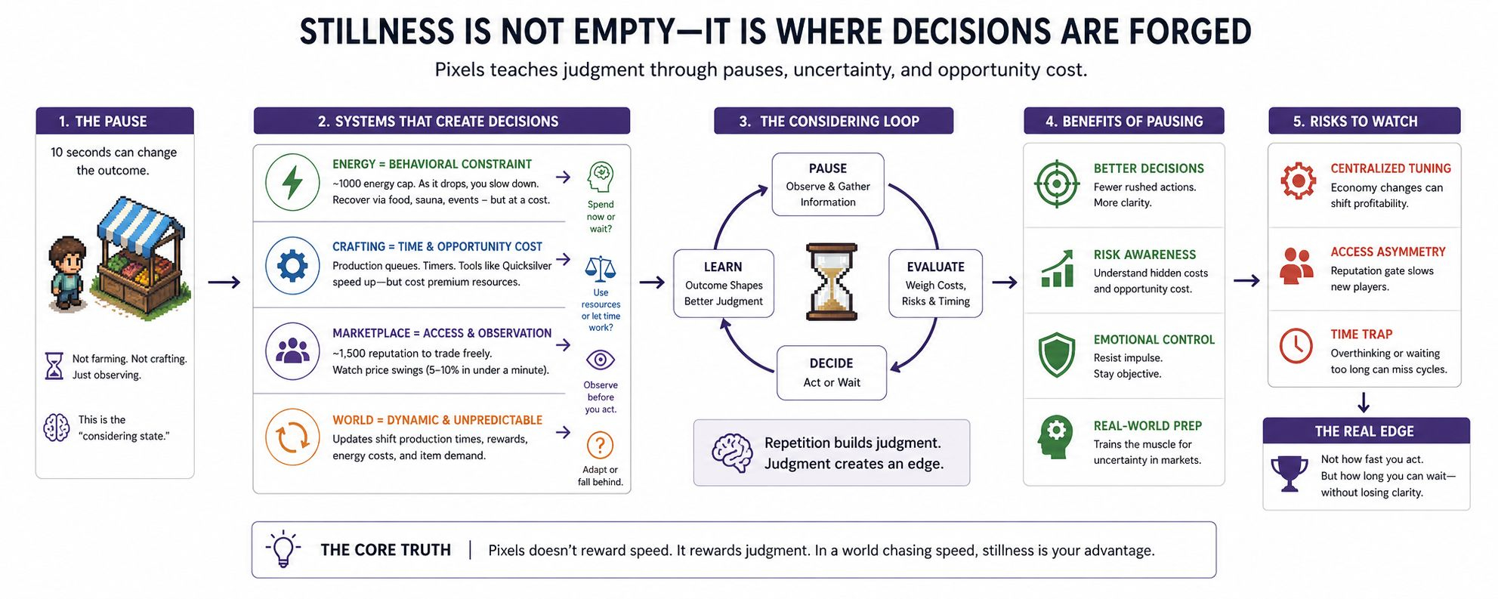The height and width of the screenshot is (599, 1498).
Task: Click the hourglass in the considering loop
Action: [831, 282]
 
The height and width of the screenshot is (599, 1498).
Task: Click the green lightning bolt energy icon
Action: [292, 182]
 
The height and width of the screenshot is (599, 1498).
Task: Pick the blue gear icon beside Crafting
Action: [292, 266]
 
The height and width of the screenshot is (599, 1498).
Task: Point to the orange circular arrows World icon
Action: [292, 437]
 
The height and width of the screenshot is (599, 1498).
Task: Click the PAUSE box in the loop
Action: [828, 184]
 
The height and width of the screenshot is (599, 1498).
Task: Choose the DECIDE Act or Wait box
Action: [831, 372]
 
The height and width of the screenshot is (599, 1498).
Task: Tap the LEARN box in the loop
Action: [723, 283]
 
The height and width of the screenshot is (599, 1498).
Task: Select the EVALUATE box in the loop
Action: [935, 283]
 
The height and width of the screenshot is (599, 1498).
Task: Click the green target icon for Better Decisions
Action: [1057, 184]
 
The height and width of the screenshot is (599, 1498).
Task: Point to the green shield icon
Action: [1057, 354]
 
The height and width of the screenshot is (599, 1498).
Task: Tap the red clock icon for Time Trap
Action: [1296, 345]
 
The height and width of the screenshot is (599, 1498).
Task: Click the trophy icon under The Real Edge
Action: [1290, 474]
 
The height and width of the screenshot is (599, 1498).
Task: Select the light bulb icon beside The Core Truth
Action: [283, 549]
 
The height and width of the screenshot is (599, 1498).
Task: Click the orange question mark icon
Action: [600, 445]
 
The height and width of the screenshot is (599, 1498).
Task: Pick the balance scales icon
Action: [601, 268]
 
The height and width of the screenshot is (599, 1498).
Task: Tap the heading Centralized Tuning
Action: [1391, 168]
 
